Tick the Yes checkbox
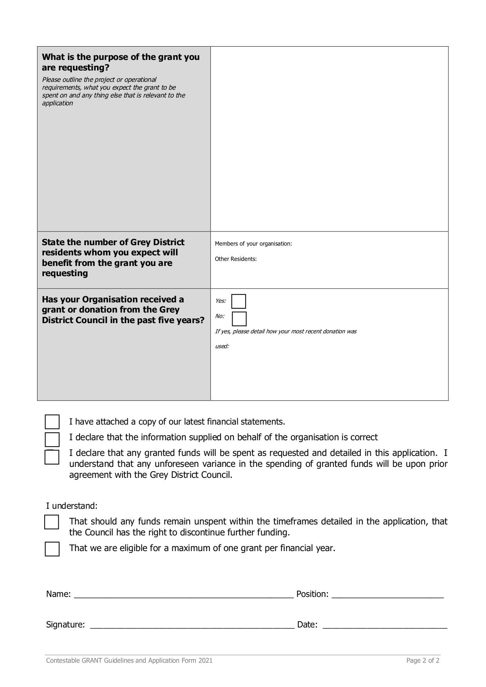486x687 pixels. point(238,302)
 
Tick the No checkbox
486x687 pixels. point(239,319)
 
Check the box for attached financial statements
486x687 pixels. point(52,422)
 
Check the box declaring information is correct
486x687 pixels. point(52,439)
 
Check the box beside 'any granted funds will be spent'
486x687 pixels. point(52,457)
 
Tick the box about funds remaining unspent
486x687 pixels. point(52,522)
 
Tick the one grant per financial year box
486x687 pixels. point(52,549)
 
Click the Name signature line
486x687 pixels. point(183,595)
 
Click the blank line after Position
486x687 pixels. point(387,595)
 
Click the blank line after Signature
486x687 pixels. point(192,625)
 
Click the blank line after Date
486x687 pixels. point(385,625)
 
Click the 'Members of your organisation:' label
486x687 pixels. point(253,244)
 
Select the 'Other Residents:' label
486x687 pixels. point(236,259)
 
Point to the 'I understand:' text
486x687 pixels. point(72,506)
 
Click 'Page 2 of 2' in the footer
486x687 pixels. point(423,660)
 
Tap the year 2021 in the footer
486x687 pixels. point(205,660)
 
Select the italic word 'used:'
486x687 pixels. point(222,346)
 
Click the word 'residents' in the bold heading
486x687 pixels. point(60,253)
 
